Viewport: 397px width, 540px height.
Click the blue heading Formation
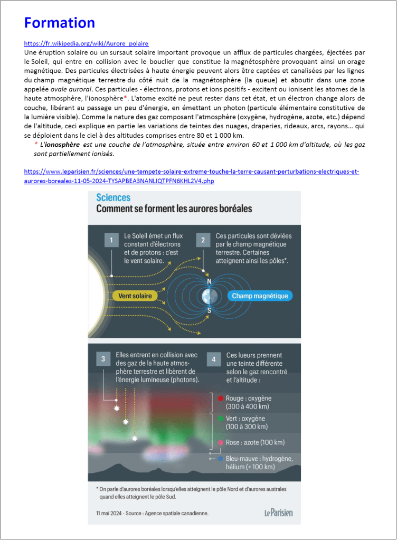tap(60, 23)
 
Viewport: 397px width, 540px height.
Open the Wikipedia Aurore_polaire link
tap(87, 43)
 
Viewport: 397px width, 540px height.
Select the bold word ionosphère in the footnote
tap(62, 145)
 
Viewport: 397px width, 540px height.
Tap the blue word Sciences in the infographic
tap(113, 197)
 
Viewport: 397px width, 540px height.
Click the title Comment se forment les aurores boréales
tap(174, 209)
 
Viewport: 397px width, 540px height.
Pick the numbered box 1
tap(111, 241)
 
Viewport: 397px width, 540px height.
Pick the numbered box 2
tap(203, 241)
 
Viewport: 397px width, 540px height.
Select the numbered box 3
tap(103, 359)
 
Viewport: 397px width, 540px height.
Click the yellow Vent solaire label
tap(135, 296)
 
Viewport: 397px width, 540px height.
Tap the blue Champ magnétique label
tap(260, 296)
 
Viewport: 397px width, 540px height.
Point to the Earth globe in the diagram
tap(209, 296)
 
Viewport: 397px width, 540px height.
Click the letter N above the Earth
tap(209, 281)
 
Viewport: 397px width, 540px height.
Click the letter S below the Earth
tap(209, 311)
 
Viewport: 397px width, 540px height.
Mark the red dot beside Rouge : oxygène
tap(220, 398)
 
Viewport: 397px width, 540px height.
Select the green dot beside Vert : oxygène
tap(220, 418)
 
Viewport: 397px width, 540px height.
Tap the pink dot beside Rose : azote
tap(220, 442)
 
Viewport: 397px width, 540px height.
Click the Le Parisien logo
tap(278, 512)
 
